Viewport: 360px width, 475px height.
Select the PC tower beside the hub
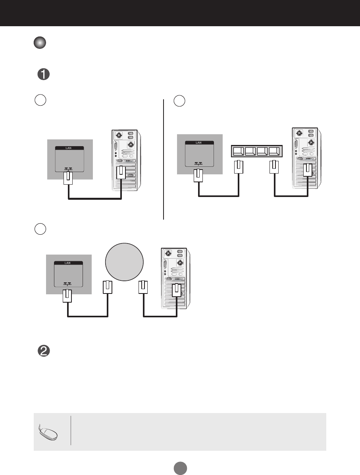[304, 158]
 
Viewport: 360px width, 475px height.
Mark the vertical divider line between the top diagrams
[164, 159]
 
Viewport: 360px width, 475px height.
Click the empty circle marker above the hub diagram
[179, 101]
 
